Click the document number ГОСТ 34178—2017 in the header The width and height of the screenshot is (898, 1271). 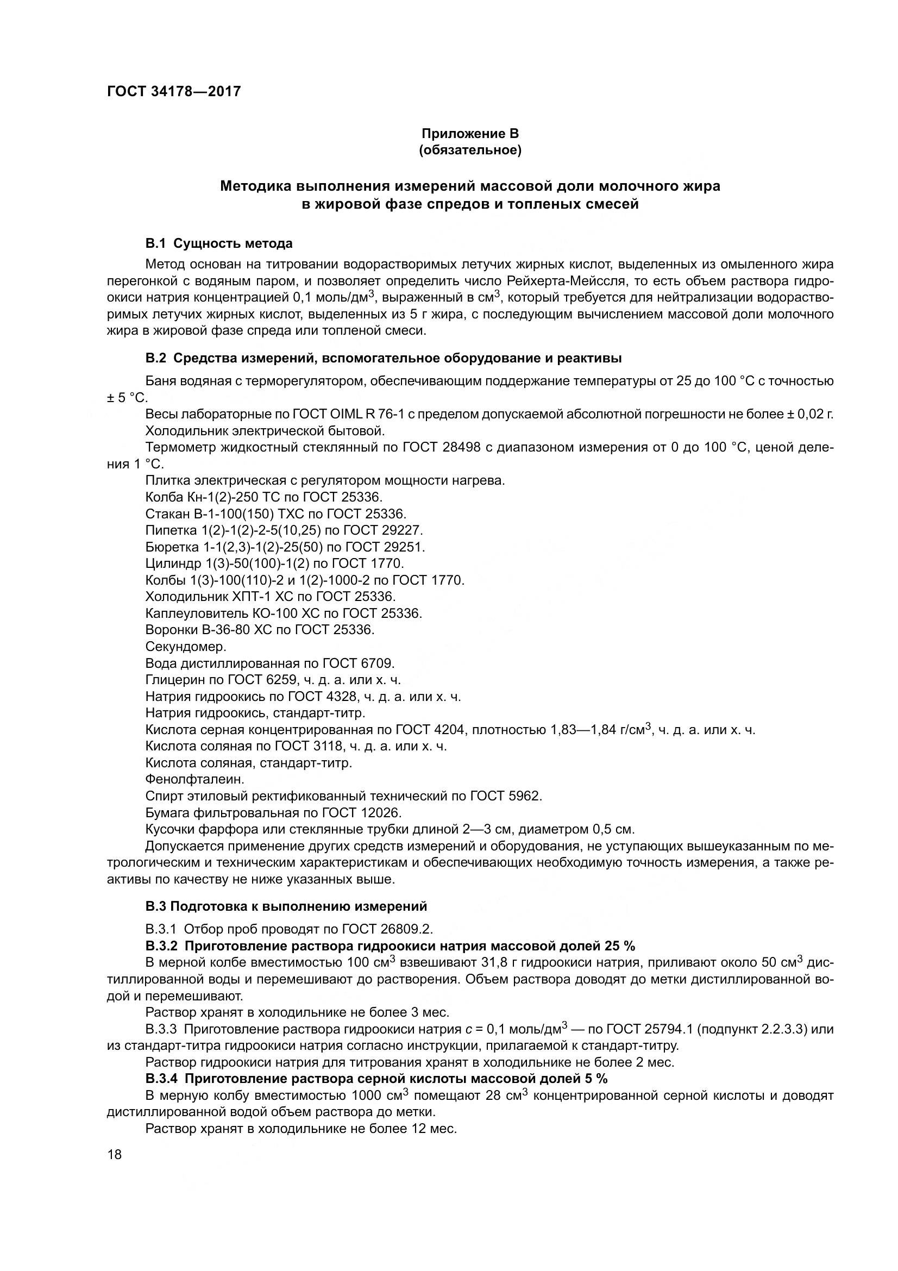pyautogui.click(x=174, y=91)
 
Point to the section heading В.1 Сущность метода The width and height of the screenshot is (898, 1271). pyautogui.click(x=218, y=243)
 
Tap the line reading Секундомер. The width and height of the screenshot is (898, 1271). pyautogui.click(x=186, y=647)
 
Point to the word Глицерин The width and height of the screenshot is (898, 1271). pyautogui.click(x=172, y=680)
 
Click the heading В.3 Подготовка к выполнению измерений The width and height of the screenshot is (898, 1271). pyautogui.click(x=286, y=906)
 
